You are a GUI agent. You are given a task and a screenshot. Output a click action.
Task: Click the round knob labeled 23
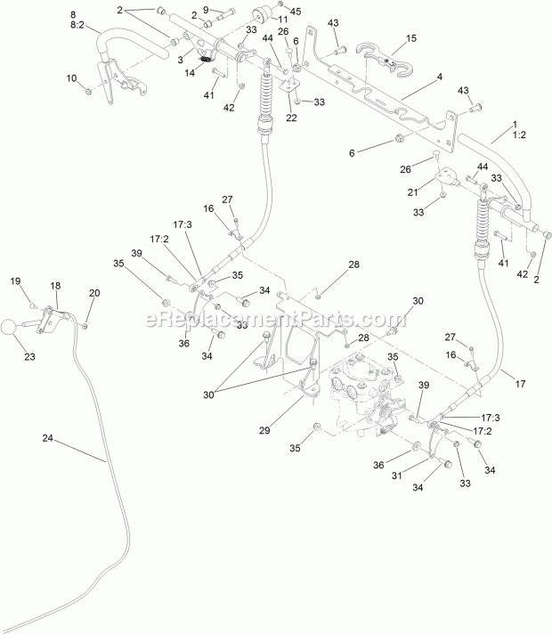pos(9,327)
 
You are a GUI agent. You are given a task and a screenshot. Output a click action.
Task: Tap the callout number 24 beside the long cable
pos(48,438)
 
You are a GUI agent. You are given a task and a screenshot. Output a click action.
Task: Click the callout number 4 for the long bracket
pos(440,77)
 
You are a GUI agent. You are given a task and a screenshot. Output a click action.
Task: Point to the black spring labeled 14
pos(206,60)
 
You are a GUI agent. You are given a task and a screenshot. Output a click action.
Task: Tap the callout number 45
pos(296,12)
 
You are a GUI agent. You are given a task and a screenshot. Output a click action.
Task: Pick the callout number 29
pos(264,430)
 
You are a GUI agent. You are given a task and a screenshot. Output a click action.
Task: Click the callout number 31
pos(397,475)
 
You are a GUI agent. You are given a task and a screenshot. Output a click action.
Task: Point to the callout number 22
pos(291,118)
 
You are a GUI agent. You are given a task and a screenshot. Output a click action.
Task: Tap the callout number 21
pos(412,192)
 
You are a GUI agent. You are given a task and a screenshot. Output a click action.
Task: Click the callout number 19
pos(15,281)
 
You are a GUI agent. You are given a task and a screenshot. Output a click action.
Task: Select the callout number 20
pos(94,293)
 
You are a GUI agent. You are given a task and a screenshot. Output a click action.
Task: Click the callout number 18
pos(55,286)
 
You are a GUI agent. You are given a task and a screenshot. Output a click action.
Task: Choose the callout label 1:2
pos(519,134)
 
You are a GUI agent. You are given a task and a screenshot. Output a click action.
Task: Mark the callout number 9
pos(217,10)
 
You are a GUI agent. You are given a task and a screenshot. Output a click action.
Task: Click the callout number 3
pos(181,60)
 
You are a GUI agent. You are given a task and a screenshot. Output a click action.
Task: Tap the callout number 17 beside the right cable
pos(520,383)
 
